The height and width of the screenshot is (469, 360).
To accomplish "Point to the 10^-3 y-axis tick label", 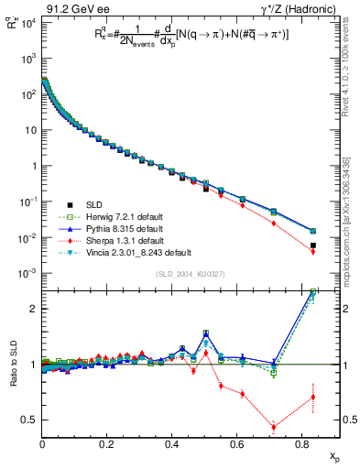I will [x=27, y=274].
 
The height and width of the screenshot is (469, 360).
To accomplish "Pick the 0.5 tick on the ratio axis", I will [x=28, y=420].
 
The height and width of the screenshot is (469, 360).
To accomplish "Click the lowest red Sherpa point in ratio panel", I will [x=275, y=426].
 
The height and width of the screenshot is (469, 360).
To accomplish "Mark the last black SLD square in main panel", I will [x=313, y=245].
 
